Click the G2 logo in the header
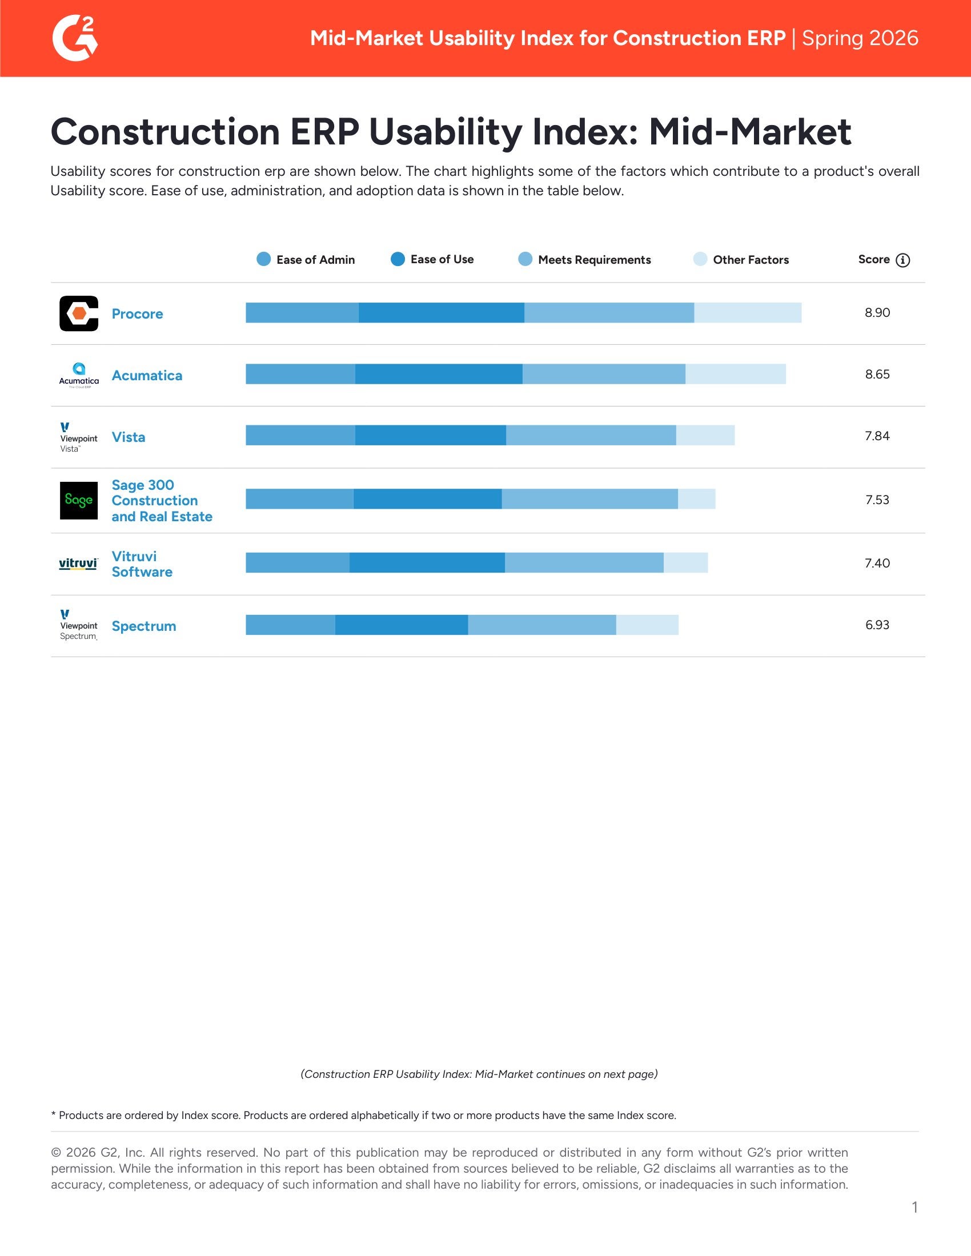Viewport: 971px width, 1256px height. point(75,38)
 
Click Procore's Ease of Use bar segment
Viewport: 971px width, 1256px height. point(441,313)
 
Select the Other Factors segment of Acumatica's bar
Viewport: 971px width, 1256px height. point(735,375)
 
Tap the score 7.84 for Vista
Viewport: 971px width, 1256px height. point(877,436)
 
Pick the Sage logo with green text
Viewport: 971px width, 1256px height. point(79,500)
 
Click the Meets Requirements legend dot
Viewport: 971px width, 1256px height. point(525,259)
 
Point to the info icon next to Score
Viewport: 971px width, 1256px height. point(902,260)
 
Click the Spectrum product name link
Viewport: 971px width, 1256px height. point(144,626)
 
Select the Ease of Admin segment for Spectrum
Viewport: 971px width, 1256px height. point(290,625)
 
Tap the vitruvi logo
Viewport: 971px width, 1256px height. point(78,563)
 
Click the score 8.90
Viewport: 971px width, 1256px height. point(877,313)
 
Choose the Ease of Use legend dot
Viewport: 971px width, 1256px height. point(398,259)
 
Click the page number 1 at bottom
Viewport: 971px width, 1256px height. point(914,1207)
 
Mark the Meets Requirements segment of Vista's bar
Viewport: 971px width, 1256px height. point(591,436)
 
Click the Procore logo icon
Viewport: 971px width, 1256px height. point(79,313)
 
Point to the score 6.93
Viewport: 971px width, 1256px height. point(877,625)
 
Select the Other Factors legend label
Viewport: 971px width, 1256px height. point(750,260)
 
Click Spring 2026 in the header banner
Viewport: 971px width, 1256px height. point(860,38)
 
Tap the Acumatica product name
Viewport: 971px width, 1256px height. point(147,376)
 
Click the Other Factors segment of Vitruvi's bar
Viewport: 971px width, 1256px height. point(685,563)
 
